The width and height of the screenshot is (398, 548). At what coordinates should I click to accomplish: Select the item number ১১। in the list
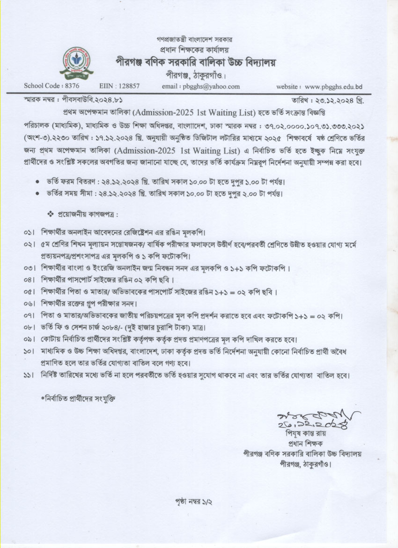point(29,376)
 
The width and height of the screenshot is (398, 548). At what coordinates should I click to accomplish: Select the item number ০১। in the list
point(29,232)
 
